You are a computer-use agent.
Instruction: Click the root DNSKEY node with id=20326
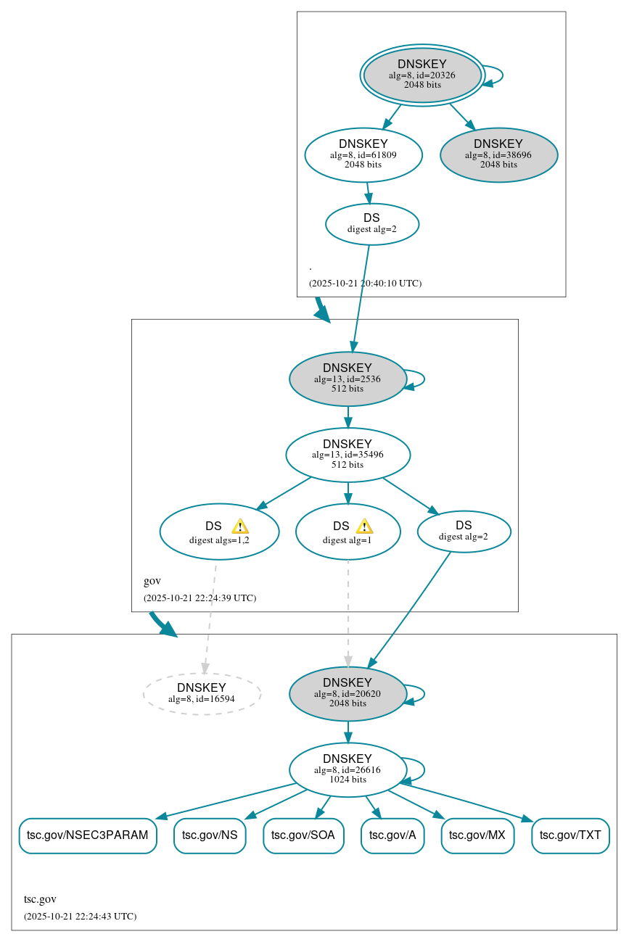[422, 75]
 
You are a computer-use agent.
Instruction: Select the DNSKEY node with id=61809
[363, 154]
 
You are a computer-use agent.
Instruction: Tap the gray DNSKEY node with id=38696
[498, 154]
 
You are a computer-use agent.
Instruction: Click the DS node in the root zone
[371, 223]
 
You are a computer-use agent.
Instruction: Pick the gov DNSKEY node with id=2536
[348, 379]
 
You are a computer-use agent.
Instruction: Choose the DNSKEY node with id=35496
[348, 455]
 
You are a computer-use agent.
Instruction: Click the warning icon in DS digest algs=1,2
[240, 526]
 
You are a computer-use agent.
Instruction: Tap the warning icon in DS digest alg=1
[364, 526]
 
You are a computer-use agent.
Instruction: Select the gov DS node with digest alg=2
[464, 531]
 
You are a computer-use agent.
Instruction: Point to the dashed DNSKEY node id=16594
[202, 693]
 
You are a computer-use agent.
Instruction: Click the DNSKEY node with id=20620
[348, 693]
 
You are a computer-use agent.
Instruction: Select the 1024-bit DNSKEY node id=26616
[348, 769]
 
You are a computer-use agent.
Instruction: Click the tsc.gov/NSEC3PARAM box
[87, 835]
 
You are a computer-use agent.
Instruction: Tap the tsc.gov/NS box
[210, 835]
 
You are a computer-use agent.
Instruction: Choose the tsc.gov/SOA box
[303, 835]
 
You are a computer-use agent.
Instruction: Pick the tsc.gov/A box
[392, 835]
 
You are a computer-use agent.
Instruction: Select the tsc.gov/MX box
[477, 835]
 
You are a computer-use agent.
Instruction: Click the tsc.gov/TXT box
[570, 835]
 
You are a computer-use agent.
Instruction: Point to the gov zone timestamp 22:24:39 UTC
[200, 598]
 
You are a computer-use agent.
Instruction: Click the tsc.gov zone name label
[40, 899]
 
